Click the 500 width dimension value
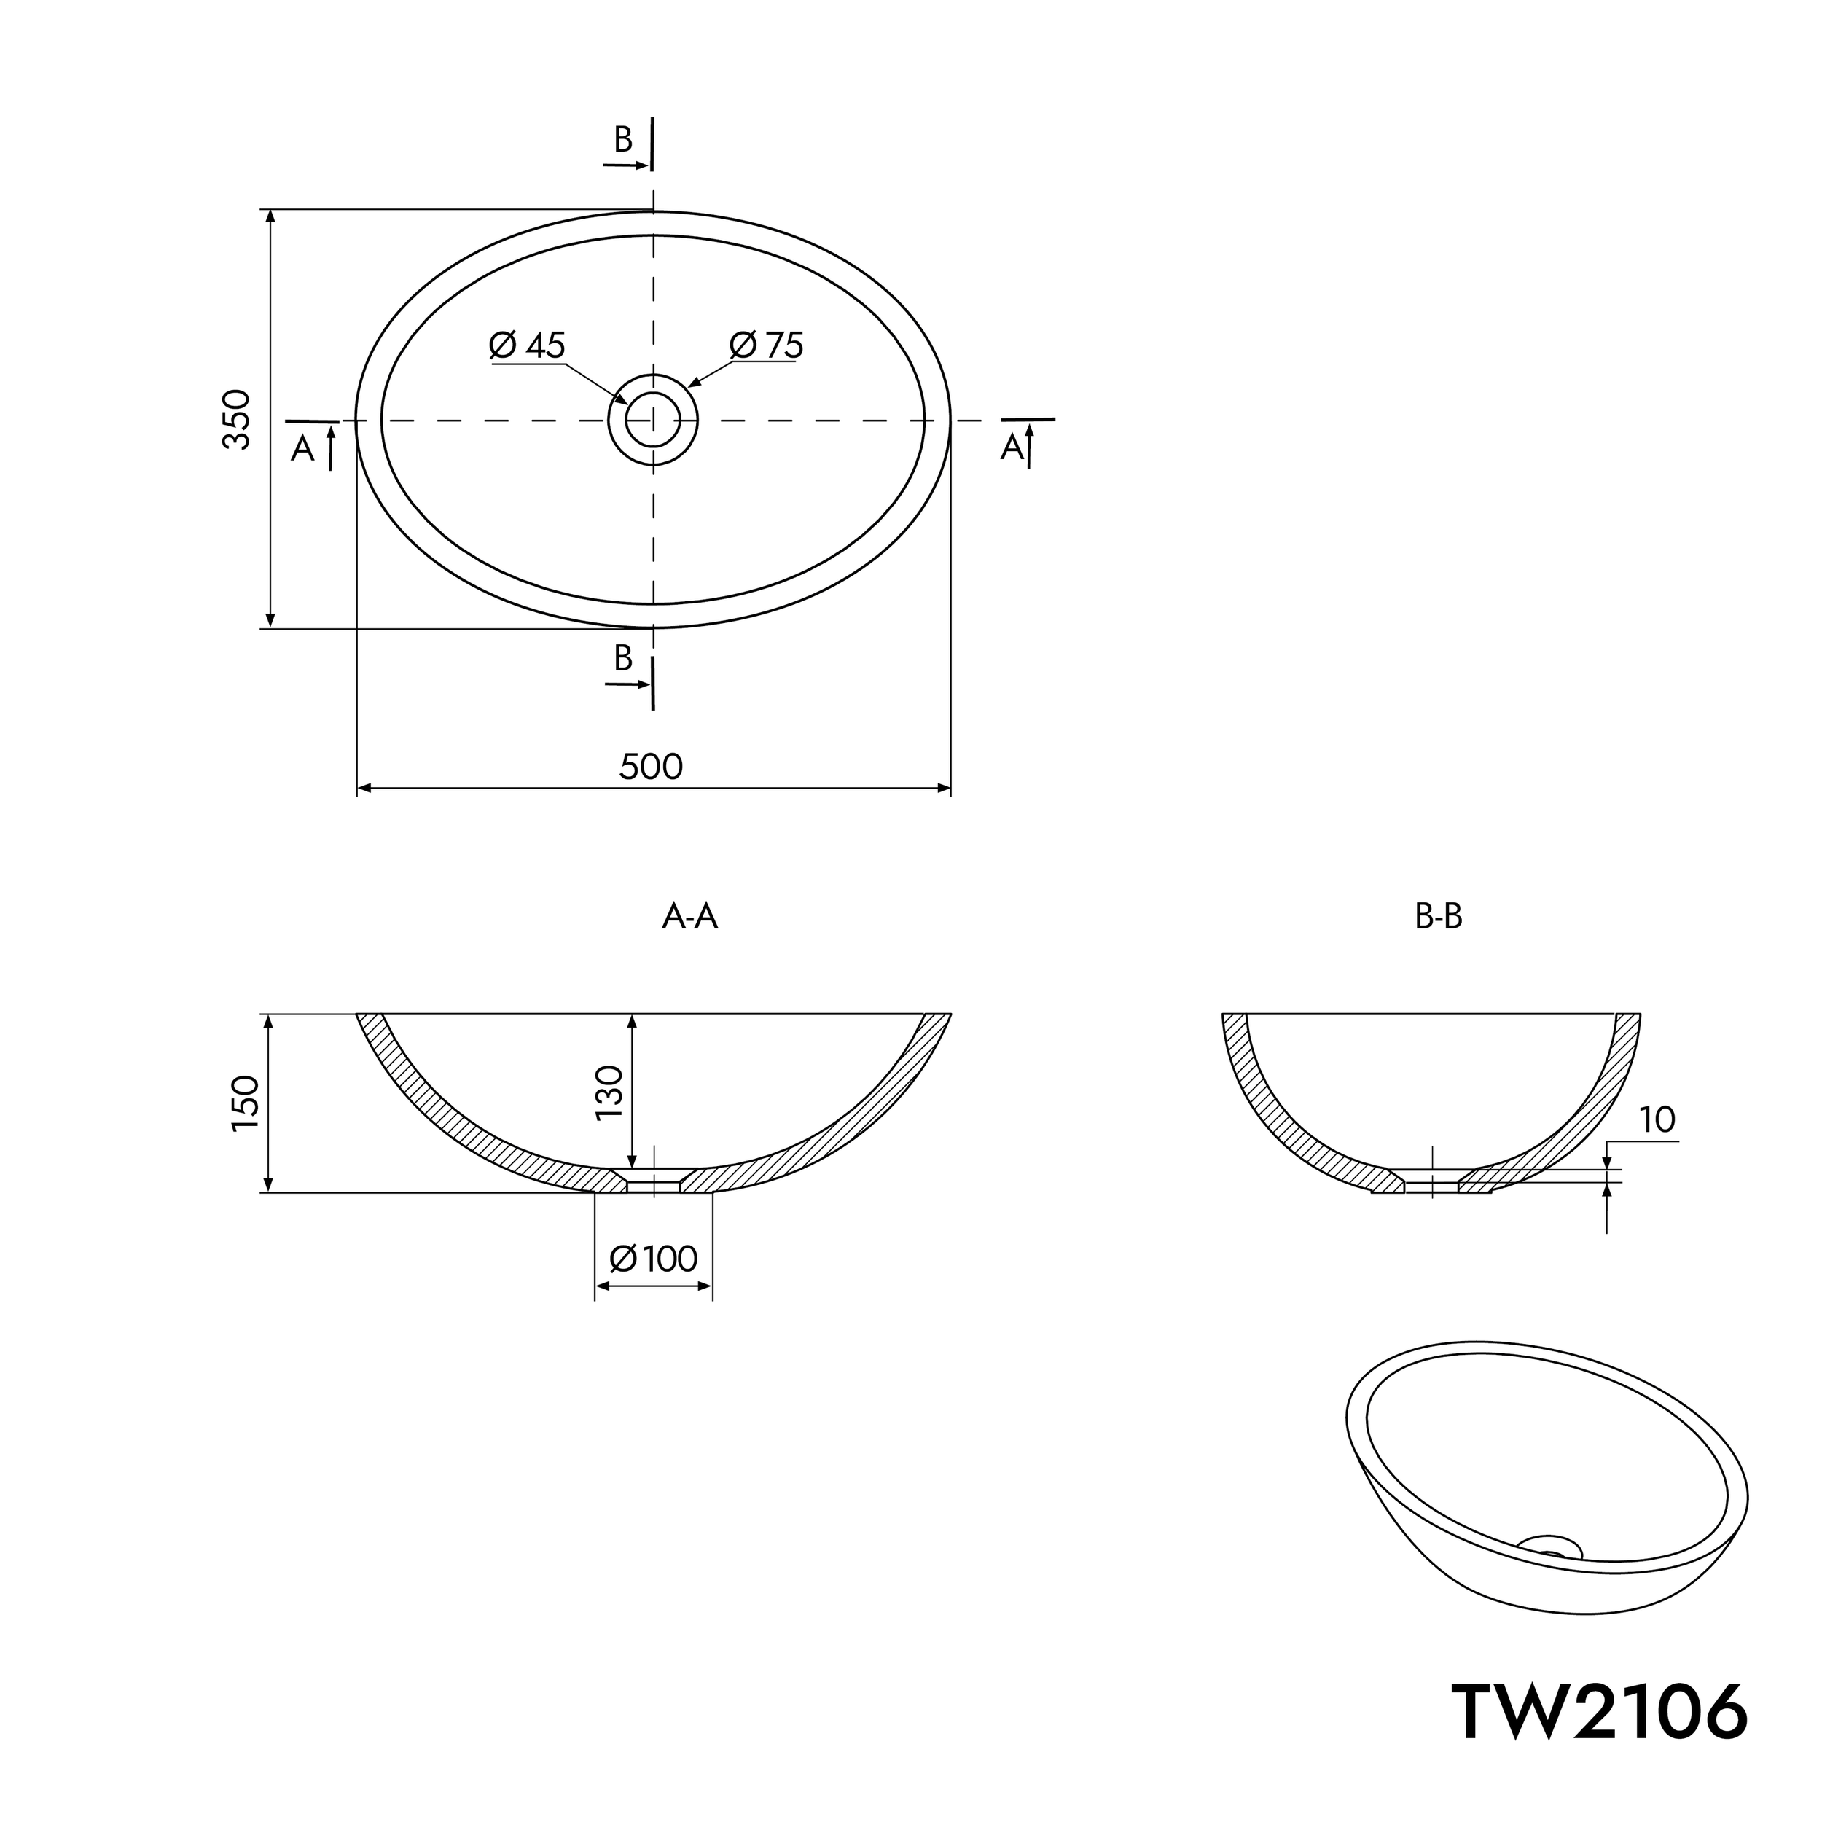coord(651,767)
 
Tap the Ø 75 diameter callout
coord(767,346)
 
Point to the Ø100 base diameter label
coord(654,1259)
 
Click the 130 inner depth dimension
coord(610,1092)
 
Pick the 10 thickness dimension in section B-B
coord(1657,1119)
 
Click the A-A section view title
coord(690,917)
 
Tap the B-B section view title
coord(1438,917)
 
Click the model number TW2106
coord(1598,1712)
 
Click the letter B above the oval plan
coord(623,140)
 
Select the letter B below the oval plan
coord(623,658)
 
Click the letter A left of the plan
coord(302,449)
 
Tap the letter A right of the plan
coord(1012,448)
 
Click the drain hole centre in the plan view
coord(652,420)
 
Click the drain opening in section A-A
coord(654,1184)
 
